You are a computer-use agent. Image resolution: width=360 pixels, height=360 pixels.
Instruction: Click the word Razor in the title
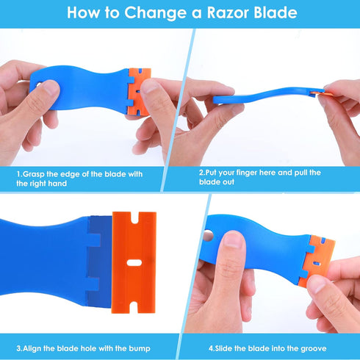click(228, 12)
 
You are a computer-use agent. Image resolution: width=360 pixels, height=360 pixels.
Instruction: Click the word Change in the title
click(155, 12)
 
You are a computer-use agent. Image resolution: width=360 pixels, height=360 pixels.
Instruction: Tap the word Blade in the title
click(276, 12)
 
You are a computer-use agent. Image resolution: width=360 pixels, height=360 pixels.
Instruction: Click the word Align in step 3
click(32, 348)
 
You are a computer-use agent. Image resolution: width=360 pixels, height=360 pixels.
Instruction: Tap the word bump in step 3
click(140, 349)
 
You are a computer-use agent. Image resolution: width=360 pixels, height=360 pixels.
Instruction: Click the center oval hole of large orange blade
click(134, 263)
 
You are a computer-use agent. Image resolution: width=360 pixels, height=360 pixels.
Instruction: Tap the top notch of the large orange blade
click(135, 218)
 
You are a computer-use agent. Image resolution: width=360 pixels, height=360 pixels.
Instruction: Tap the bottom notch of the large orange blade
click(134, 307)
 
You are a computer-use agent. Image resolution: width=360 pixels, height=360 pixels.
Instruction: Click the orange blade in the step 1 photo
click(138, 92)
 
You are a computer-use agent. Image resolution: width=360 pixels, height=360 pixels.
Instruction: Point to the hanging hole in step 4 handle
click(208, 235)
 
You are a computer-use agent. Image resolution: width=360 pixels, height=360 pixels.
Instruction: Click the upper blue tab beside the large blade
click(94, 240)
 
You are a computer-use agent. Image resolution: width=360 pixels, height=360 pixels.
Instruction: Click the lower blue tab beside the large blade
click(93, 284)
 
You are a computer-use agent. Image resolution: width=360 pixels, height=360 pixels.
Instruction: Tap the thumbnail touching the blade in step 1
click(149, 86)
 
